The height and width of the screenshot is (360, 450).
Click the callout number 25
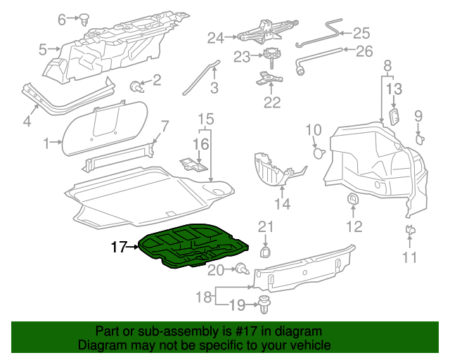point(360,32)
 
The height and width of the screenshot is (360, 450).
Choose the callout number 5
point(43,49)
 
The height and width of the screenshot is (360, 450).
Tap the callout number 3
point(214,89)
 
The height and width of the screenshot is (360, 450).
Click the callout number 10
point(313,129)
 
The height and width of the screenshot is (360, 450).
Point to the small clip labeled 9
point(420,138)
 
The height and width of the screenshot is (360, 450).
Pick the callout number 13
point(394,89)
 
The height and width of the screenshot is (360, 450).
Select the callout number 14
point(282,205)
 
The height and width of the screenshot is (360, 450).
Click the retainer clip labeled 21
point(266,251)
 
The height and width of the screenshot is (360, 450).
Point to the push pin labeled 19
point(264,304)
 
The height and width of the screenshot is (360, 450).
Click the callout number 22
point(271,103)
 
